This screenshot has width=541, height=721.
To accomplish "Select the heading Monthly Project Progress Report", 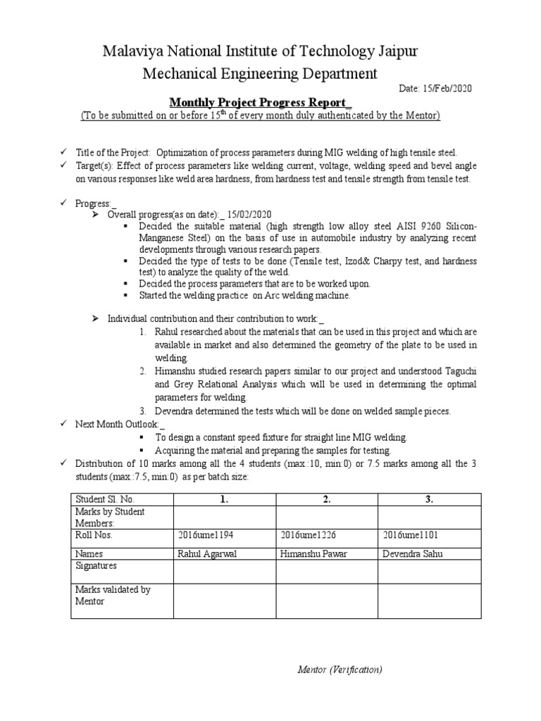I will (259, 102).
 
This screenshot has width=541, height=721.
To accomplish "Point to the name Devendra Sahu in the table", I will (413, 553).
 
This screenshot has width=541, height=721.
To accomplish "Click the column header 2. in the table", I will (327, 499).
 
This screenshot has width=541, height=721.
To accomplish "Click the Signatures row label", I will (97, 565).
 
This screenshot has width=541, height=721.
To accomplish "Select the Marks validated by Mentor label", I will (112, 595).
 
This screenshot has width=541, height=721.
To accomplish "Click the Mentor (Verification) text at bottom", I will (340, 670).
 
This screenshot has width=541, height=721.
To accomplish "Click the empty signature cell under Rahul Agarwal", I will (224, 571).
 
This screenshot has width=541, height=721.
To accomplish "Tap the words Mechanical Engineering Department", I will (260, 73).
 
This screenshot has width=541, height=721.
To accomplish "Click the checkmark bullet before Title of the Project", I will (63, 153).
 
